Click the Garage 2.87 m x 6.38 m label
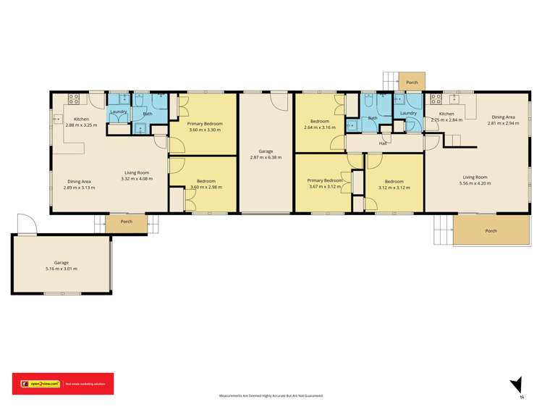coord(266,154)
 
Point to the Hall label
coord(383,143)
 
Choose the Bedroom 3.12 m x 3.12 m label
coord(394,184)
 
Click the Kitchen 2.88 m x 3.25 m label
coord(81,122)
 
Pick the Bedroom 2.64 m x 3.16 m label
coord(319,125)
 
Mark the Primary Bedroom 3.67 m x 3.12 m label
coord(323,183)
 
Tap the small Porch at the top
coord(412,82)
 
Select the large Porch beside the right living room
coord(491,231)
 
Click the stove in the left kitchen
coord(73,98)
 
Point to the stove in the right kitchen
coord(436,97)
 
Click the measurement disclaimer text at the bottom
coord(271,396)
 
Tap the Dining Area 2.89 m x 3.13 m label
coord(80,184)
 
